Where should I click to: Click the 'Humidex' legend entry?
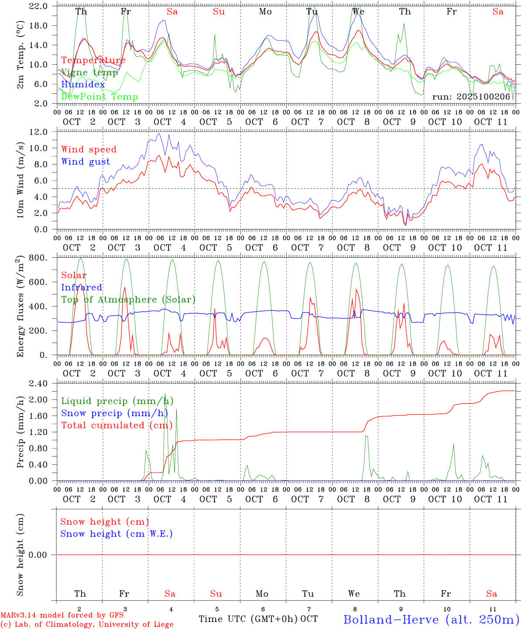pyautogui.click(x=83, y=85)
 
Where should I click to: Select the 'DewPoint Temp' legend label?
pyautogui.click(x=99, y=97)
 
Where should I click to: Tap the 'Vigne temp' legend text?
pyautogui.click(x=89, y=73)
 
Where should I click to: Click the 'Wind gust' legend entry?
pyautogui.click(x=86, y=162)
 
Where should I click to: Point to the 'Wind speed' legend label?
pyautogui.click(x=89, y=149)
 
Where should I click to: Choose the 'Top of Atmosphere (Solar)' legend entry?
pyautogui.click(x=128, y=300)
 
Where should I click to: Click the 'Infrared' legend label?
pyautogui.click(x=82, y=287)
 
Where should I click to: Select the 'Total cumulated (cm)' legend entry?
pyautogui.click(x=117, y=425)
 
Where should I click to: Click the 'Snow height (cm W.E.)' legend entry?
pyautogui.click(x=117, y=534)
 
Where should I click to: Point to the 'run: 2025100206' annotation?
pyautogui.click(x=471, y=97)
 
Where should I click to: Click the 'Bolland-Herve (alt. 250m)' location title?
pyautogui.click(x=431, y=619)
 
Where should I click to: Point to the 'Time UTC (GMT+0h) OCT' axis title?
pyautogui.click(x=258, y=619)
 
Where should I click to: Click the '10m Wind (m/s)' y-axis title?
pyautogui.click(x=20, y=180)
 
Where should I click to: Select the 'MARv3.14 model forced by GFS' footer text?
pyautogui.click(x=62, y=615)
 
